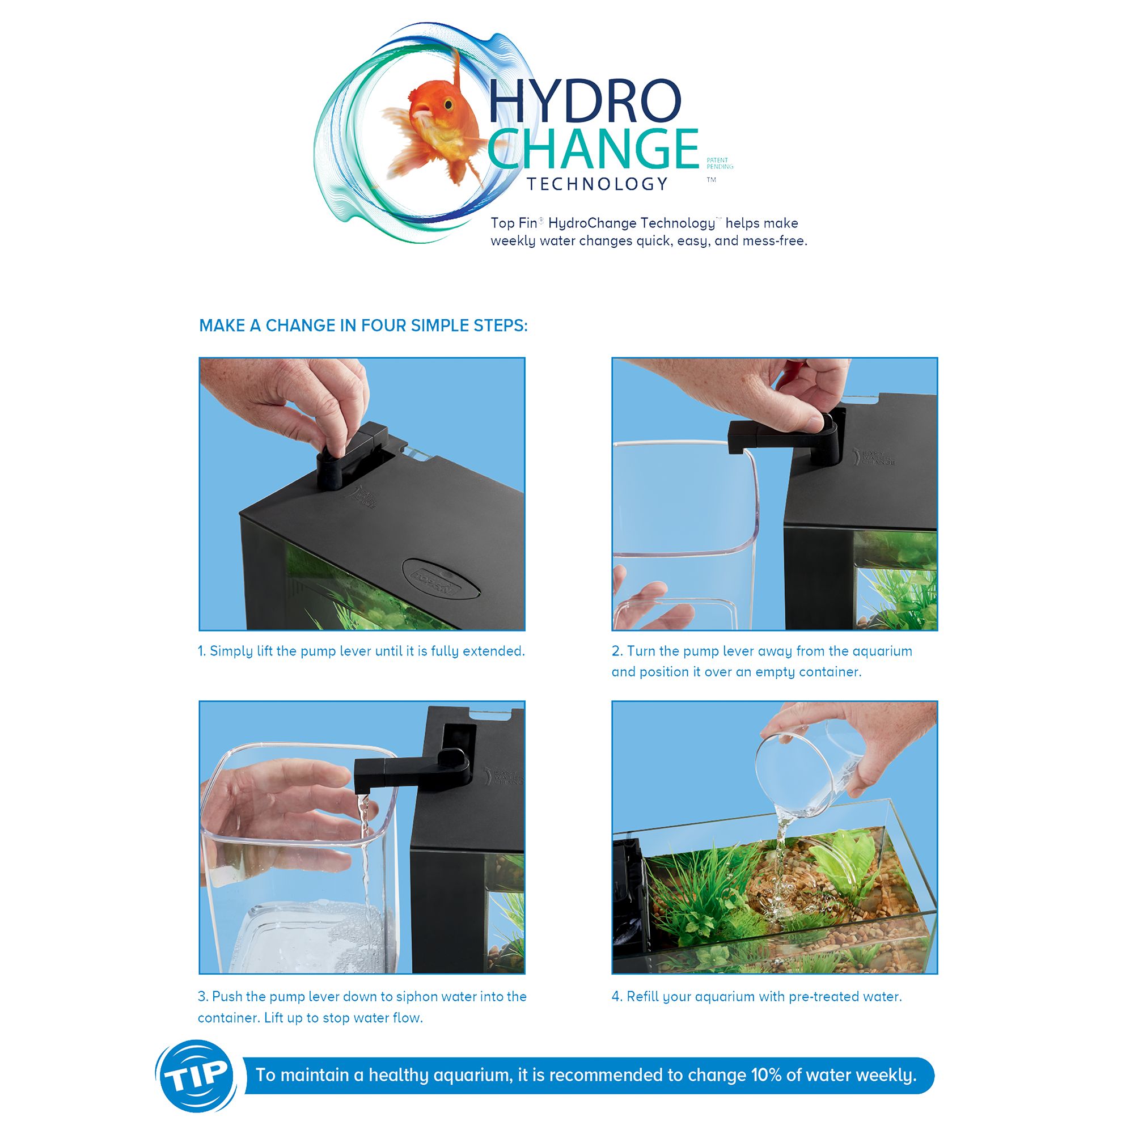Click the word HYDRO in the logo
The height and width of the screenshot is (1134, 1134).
click(x=585, y=101)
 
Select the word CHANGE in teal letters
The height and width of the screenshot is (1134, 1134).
click(x=593, y=149)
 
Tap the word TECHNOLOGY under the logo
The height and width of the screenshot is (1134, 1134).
click(x=598, y=184)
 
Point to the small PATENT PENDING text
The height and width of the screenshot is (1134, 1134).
click(x=720, y=163)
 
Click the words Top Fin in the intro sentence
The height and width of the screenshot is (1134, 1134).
click(x=514, y=223)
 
